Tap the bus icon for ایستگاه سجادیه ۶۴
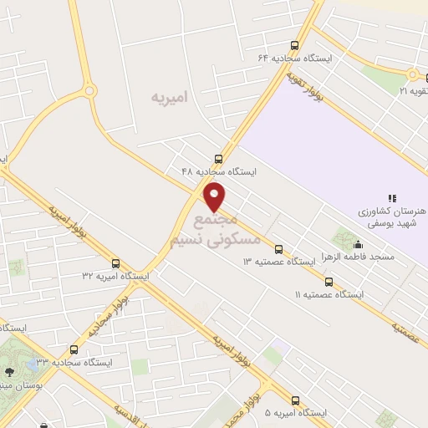tap(294, 45)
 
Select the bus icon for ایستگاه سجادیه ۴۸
tap(219, 158)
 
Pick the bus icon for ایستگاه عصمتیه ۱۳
tap(279, 249)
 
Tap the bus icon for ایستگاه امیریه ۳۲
tap(115, 263)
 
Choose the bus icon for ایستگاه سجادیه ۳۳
tap(74, 350)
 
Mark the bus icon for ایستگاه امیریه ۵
tap(295, 400)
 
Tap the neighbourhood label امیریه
tap(170, 98)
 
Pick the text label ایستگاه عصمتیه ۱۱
tap(330, 295)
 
